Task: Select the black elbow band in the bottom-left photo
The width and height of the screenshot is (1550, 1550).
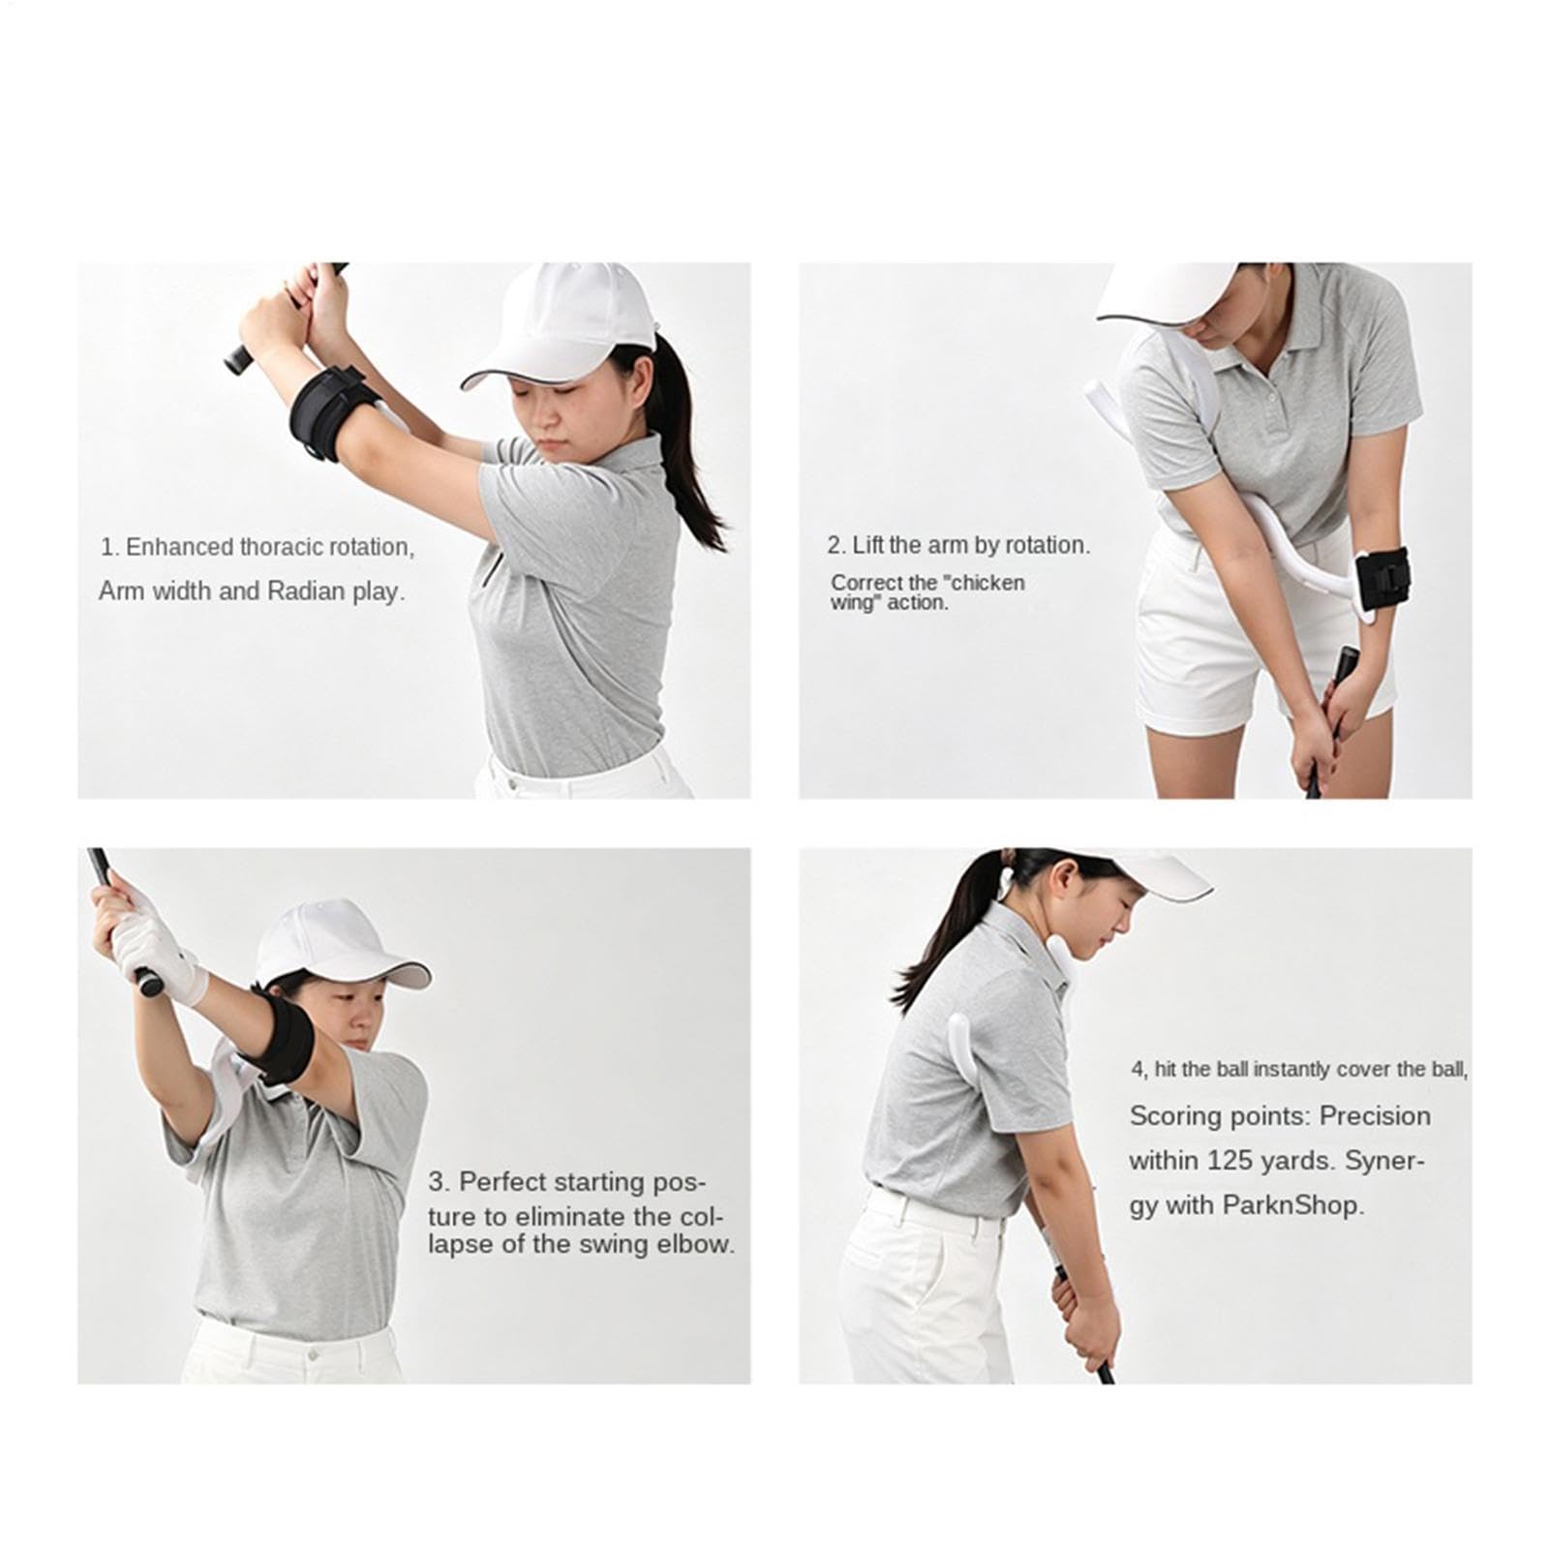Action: [x=281, y=1036]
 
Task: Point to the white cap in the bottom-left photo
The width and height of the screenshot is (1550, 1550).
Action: [x=339, y=944]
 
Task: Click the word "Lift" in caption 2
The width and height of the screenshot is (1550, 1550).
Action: [x=866, y=545]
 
